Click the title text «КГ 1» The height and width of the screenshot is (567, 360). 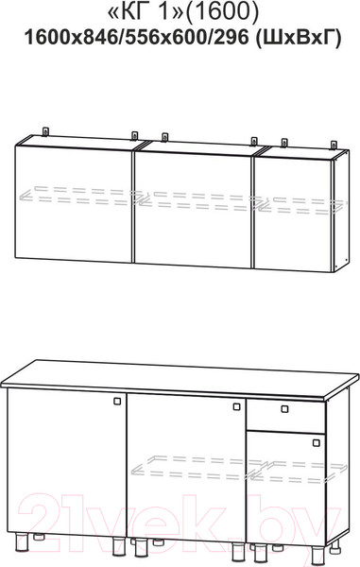pyautogui.click(x=147, y=11)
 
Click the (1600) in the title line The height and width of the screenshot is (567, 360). pyautogui.click(x=223, y=11)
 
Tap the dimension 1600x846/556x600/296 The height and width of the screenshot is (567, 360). pyautogui.click(x=137, y=37)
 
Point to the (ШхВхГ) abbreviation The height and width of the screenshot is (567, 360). pyautogui.click(x=299, y=38)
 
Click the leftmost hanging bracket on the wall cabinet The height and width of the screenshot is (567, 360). pyautogui.click(x=45, y=131)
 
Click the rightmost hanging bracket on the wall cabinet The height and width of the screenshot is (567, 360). pyautogui.click(x=334, y=145)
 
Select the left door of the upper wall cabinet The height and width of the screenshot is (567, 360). pyautogui.click(x=74, y=203)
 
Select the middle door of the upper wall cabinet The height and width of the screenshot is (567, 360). pyautogui.click(x=194, y=210)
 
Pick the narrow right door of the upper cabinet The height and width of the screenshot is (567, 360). pyautogui.click(x=294, y=215)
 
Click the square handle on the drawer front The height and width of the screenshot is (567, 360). pyautogui.click(x=284, y=409)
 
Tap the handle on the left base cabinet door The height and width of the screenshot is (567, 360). pyautogui.click(x=117, y=401)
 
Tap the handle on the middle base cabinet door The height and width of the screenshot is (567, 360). pyautogui.click(x=237, y=406)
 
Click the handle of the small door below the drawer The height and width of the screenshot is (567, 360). pyautogui.click(x=317, y=442)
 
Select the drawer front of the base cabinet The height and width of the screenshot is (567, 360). pyautogui.click(x=286, y=416)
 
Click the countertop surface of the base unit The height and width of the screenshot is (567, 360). pyautogui.click(x=180, y=377)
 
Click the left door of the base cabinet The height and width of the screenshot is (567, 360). pyautogui.click(x=67, y=462)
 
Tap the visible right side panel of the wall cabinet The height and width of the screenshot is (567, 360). pyautogui.click(x=341, y=211)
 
